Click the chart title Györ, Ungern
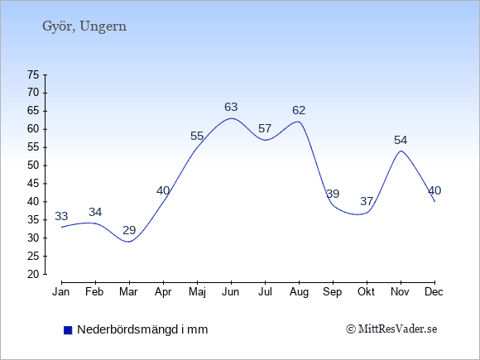click(84, 26)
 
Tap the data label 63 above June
click(231, 107)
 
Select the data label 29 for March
click(129, 230)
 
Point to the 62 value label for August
click(299, 110)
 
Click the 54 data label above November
click(401, 140)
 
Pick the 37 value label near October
click(367, 201)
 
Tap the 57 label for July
click(265, 128)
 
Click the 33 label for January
click(61, 216)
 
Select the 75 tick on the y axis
click(33, 74)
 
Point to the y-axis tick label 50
click(33, 166)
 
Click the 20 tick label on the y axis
click(33, 274)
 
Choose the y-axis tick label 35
click(33, 220)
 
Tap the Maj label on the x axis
click(197, 292)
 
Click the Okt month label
click(366, 292)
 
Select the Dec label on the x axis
click(434, 292)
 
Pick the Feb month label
click(94, 292)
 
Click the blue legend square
click(68, 330)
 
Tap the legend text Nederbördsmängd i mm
click(142, 329)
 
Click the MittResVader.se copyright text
click(391, 329)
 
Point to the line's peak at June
click(231, 118)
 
